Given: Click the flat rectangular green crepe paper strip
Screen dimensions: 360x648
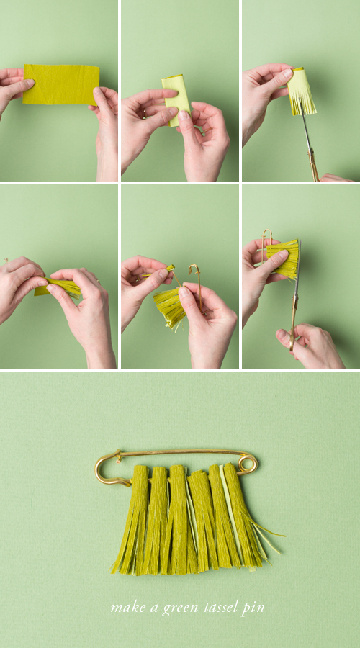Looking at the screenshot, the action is (x=60, y=85).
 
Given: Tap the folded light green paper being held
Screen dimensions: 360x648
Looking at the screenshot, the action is (x=176, y=99).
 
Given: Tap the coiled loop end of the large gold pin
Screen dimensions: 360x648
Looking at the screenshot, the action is (x=247, y=464).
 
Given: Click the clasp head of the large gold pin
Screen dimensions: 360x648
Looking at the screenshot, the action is (x=108, y=467).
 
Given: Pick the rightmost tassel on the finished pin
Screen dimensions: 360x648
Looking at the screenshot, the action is (x=244, y=516).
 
